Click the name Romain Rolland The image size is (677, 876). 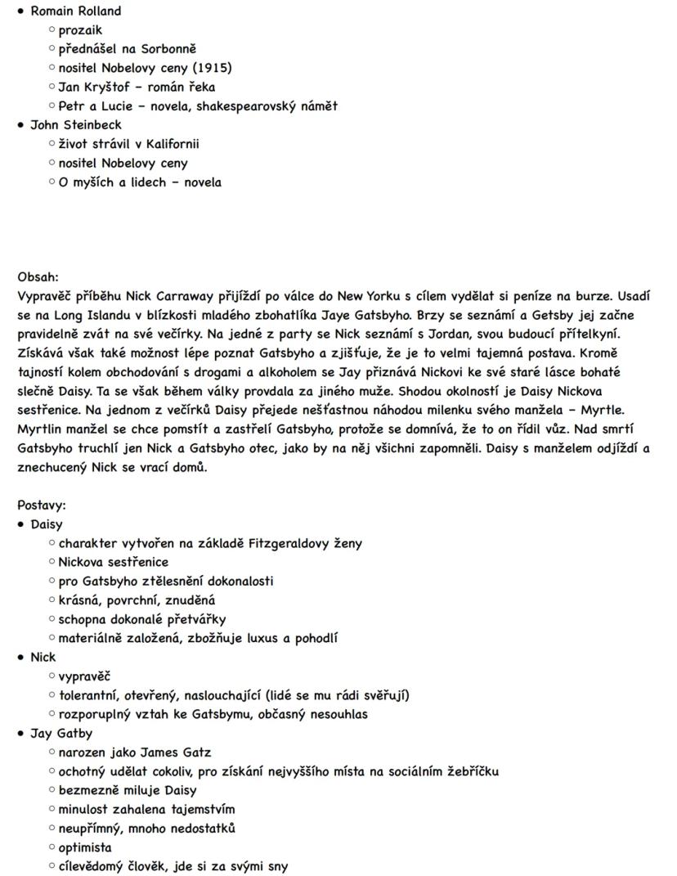75,11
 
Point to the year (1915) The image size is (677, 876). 210,68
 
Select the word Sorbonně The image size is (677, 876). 169,49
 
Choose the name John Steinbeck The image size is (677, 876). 75,124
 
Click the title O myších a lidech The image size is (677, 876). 112,182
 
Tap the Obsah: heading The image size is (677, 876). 38,277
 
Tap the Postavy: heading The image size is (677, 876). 42,505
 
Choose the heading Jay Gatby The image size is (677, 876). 61,733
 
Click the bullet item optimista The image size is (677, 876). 85,847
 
